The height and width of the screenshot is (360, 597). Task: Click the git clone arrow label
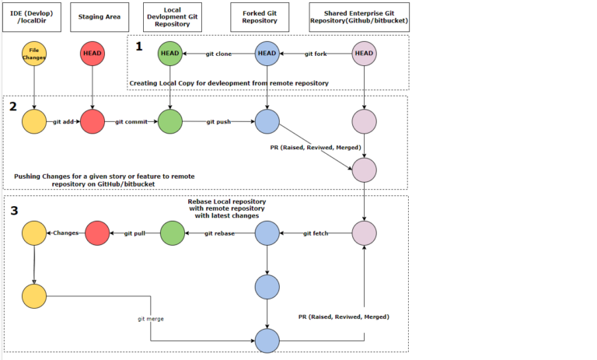(220, 54)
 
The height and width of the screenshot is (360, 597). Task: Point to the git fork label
(316, 54)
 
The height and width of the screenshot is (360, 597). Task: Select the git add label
(63, 121)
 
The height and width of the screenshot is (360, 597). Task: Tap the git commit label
(131, 121)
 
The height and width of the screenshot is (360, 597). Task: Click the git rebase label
(219, 232)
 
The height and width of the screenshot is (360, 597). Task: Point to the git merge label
(151, 319)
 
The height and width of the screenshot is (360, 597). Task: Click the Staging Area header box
(93, 16)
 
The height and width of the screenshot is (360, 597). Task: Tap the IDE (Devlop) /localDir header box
(34, 16)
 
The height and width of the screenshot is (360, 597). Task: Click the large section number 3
(15, 210)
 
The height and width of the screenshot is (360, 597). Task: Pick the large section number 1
(139, 46)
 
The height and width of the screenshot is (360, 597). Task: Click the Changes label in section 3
(65, 232)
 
